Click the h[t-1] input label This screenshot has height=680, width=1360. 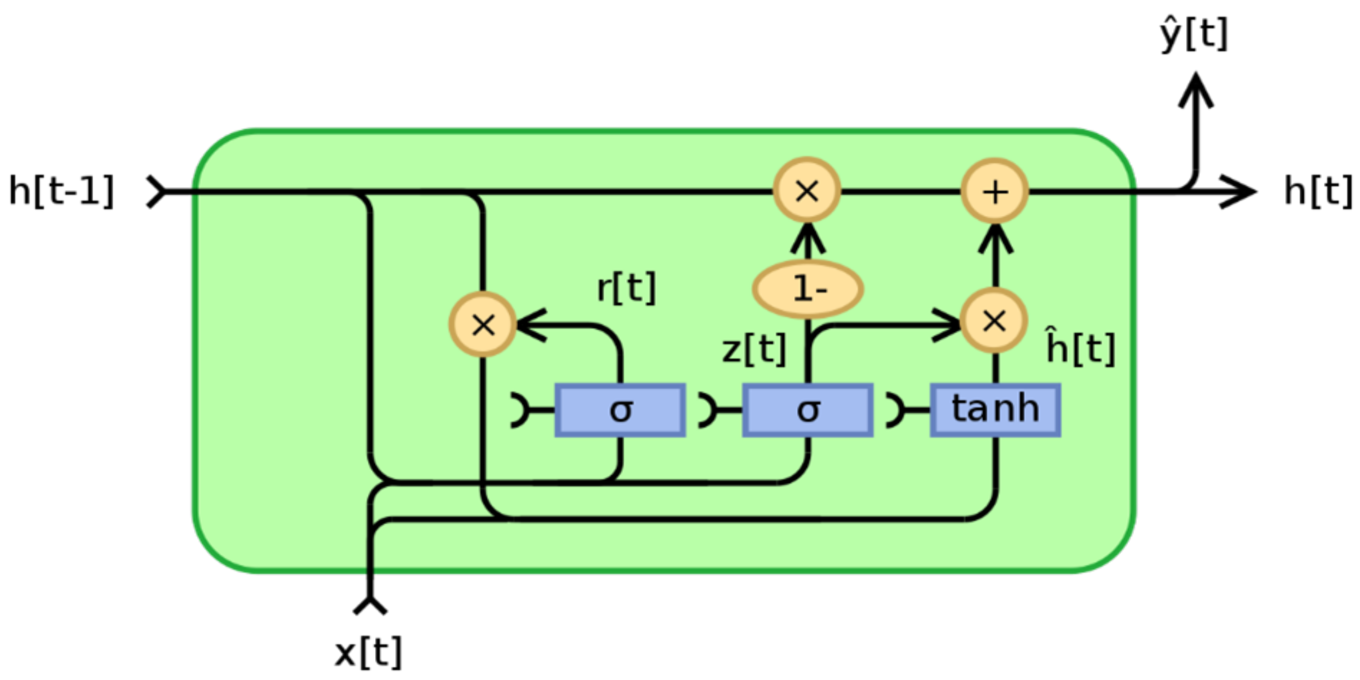[x=61, y=191]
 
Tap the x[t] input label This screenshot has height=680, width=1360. [x=368, y=653]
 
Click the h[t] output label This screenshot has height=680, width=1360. [x=1318, y=191]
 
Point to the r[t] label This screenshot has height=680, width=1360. [x=626, y=288]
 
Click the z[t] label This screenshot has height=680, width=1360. [x=754, y=350]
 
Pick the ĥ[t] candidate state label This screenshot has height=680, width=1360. [x=1080, y=348]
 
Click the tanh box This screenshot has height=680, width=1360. [x=995, y=410]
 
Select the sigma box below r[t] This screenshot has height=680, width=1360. [x=620, y=410]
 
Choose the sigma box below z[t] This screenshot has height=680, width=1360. [x=808, y=410]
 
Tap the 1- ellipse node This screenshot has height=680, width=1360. [x=808, y=289]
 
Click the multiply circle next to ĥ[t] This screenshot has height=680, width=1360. [x=994, y=320]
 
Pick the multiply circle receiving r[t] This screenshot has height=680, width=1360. [x=483, y=325]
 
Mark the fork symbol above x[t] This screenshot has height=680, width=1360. [x=370, y=605]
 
